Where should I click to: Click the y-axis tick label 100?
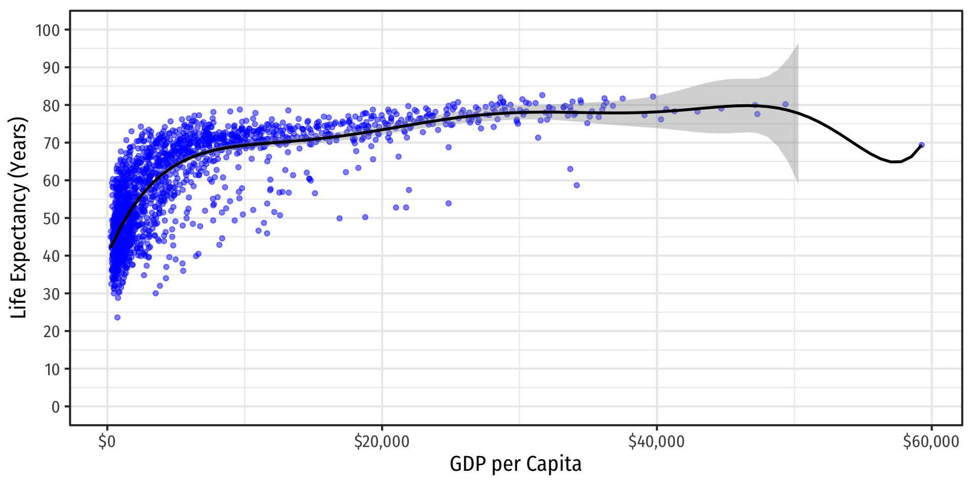click(x=48, y=30)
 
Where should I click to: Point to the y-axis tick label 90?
click(x=51, y=68)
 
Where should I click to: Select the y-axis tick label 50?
click(x=51, y=219)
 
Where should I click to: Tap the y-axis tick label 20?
click(x=51, y=332)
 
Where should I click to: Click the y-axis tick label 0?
click(x=55, y=407)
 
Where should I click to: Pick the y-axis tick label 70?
click(x=51, y=143)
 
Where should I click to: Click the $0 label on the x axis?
click(x=107, y=442)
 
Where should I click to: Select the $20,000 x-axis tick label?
click(x=382, y=442)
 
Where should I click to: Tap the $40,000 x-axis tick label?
click(x=656, y=442)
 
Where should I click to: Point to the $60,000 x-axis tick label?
click(x=931, y=442)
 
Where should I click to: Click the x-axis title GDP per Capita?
click(x=515, y=464)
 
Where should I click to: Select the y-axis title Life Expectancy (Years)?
click(x=19, y=218)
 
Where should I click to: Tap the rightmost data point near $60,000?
click(x=921, y=145)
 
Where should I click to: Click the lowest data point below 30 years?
click(x=118, y=317)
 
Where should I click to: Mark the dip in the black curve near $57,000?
click(x=894, y=162)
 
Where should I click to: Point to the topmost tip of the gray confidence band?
click(x=798, y=44)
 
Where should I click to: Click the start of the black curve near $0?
click(x=110, y=247)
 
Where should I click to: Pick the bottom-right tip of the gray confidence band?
click(x=798, y=182)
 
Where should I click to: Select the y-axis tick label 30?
click(x=51, y=294)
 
